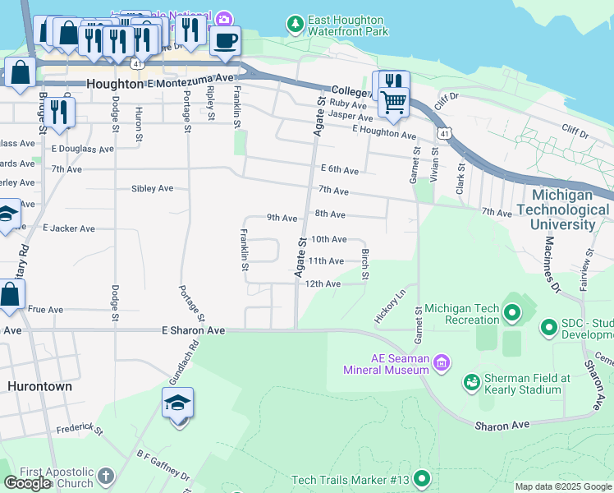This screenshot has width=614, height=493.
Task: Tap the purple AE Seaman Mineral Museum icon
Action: [442, 362]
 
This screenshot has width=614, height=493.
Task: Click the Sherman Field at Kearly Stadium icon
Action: [471, 382]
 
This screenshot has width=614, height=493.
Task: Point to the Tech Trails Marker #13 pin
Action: [422, 478]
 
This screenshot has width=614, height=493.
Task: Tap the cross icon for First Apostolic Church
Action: [106, 476]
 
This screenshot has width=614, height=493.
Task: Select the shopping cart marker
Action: [394, 103]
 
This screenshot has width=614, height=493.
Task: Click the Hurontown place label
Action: [39, 386]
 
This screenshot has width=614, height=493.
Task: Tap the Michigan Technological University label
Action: [563, 210]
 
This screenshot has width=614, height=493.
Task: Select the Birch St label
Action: [366, 264]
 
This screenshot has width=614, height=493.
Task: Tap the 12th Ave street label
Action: [323, 283]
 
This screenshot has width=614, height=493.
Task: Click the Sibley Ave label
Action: [153, 188]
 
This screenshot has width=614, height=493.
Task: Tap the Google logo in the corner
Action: [28, 483]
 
